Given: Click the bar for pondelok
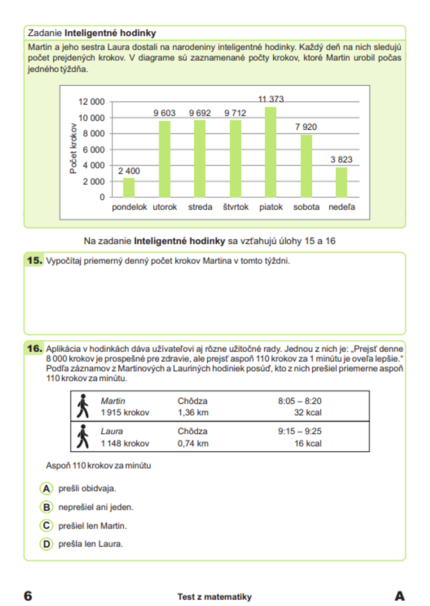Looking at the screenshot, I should tap(129, 187).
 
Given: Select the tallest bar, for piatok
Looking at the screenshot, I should tap(270, 152).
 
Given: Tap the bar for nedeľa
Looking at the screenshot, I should tap(341, 182).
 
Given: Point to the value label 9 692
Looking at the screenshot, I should tap(200, 113).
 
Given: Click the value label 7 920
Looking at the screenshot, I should tap(306, 127).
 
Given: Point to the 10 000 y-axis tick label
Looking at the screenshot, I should tap(91, 118).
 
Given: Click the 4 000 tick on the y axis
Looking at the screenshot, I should tap(93, 165).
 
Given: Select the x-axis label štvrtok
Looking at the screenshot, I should tap(236, 207).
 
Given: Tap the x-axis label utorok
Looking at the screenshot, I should tap(165, 207).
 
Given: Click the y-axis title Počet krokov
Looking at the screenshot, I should tap(73, 149).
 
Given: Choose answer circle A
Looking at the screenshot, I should tap(46, 488).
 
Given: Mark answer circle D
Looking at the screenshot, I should tap(46, 544).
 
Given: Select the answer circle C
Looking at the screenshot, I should tap(46, 525).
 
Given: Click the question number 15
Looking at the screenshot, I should tap(34, 261).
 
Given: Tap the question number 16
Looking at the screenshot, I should tap(34, 348).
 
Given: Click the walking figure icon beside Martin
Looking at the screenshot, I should tap(83, 406).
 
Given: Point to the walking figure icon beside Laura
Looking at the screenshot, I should tap(83, 437).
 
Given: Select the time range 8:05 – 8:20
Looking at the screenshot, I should tap(299, 401).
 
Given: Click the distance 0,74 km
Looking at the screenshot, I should tap(193, 444).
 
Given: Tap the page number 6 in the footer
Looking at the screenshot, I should tap(28, 596).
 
